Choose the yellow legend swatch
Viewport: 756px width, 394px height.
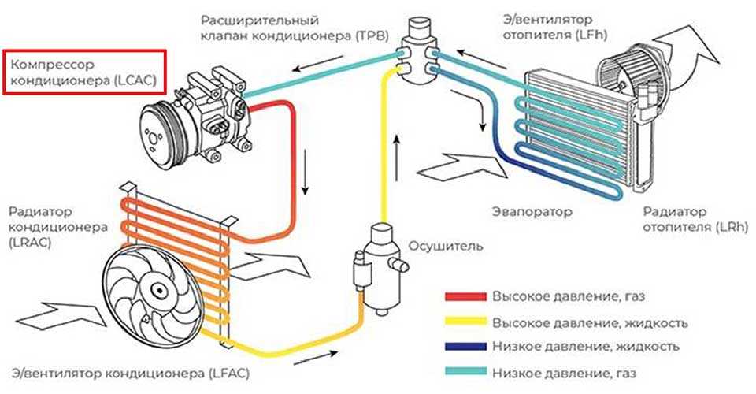[465, 322]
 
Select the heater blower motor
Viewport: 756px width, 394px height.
[630, 67]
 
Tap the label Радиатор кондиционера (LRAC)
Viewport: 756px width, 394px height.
[51, 227]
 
